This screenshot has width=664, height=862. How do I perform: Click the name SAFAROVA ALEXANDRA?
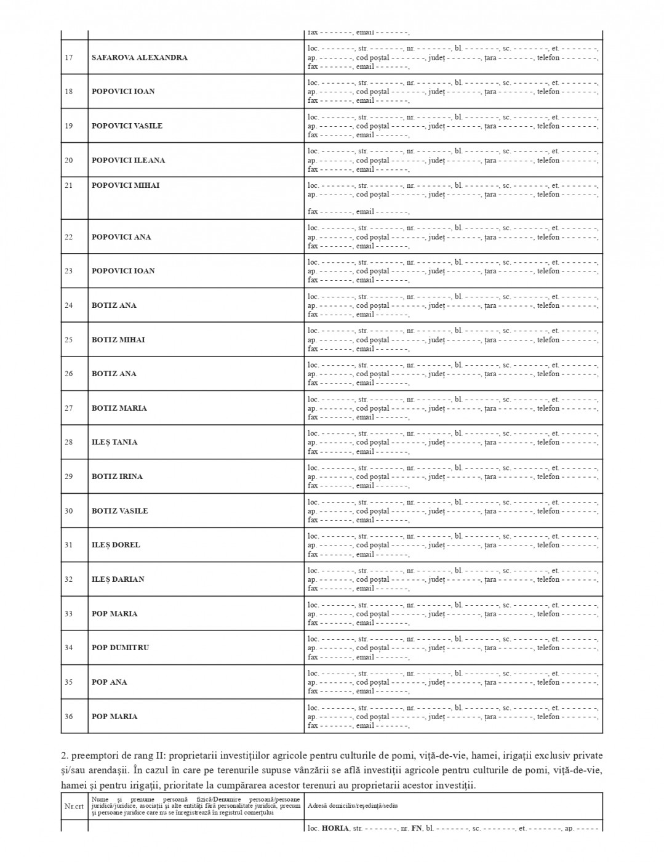click(x=139, y=57)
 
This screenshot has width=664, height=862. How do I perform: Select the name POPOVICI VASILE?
click(x=127, y=126)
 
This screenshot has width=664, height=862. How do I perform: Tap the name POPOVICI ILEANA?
click(x=128, y=160)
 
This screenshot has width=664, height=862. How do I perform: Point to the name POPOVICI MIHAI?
click(x=125, y=185)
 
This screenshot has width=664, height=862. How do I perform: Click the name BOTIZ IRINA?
click(x=117, y=477)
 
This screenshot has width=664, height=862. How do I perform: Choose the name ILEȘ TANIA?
click(x=114, y=442)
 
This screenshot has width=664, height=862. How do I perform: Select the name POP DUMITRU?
click(x=120, y=648)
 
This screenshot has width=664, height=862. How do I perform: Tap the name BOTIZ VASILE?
click(x=119, y=511)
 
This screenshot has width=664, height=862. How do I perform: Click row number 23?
click(x=68, y=271)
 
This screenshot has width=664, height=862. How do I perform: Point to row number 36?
click(x=68, y=717)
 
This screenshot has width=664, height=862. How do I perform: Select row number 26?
click(x=68, y=374)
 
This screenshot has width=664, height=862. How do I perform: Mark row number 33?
click(x=68, y=614)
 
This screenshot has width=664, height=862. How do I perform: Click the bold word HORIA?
click(x=335, y=828)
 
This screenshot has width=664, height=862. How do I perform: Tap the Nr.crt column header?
click(x=74, y=805)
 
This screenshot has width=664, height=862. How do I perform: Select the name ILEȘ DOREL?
click(x=116, y=545)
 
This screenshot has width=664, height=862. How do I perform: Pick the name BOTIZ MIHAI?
click(x=118, y=340)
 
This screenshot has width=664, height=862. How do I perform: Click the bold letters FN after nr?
click(x=417, y=828)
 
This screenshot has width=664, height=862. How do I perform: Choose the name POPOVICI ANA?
click(x=121, y=237)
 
